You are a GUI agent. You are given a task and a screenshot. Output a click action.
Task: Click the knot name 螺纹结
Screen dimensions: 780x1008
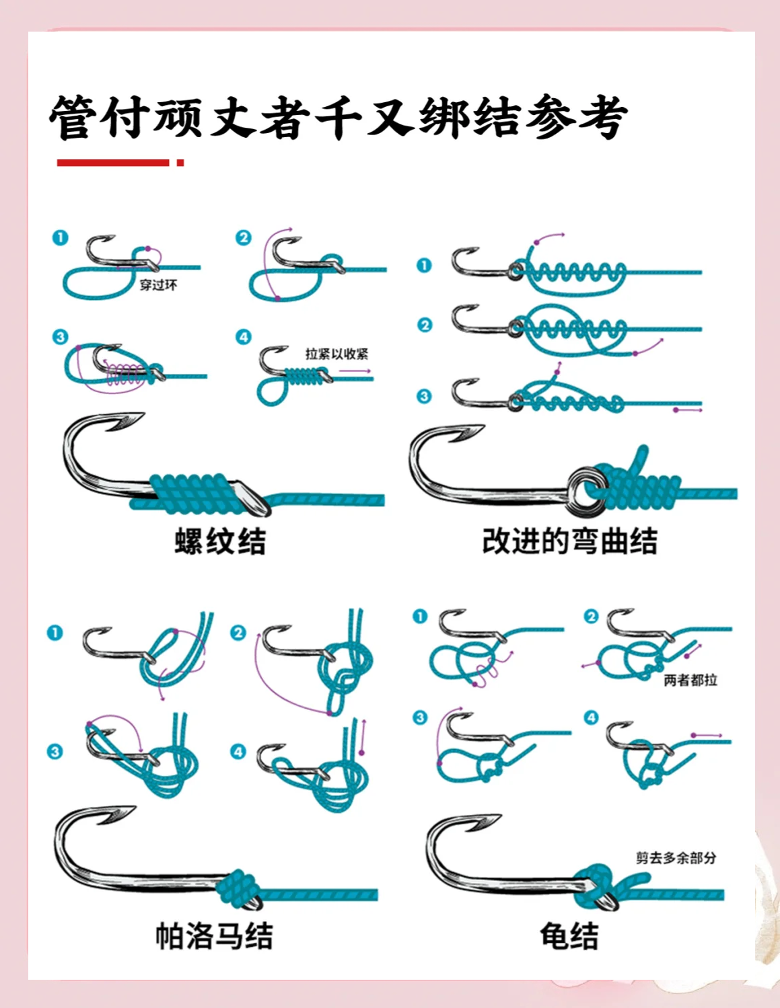pos(220,541)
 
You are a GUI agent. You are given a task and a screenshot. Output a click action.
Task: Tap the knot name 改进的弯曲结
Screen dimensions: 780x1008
pos(569,541)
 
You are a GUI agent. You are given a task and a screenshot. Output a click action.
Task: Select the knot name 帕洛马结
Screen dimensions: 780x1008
pos(214,935)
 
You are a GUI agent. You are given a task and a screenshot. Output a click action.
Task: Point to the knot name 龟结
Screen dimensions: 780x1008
pos(569,935)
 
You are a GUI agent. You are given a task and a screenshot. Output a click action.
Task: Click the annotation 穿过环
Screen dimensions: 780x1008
pos(158,285)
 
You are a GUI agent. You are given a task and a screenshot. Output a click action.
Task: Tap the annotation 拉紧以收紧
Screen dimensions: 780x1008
pos(336,354)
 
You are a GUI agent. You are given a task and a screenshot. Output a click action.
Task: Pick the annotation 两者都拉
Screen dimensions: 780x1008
pos(690,680)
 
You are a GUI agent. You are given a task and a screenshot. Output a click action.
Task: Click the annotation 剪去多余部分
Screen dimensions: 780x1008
pos(676,857)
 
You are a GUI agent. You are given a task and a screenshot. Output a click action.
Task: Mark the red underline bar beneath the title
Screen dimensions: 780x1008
pos(113,162)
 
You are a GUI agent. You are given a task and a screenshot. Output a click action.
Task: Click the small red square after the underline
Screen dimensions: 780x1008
pos(180,162)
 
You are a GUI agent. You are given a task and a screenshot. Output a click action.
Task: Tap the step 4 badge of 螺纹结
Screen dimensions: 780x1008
pos(243,337)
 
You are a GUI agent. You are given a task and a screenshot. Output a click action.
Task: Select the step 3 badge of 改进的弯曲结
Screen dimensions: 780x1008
pos(424,396)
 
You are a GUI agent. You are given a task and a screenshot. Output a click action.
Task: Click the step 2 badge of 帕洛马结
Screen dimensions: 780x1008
pos(238,633)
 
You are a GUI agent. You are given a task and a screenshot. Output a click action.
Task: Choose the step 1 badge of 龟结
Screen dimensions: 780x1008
pos(420,617)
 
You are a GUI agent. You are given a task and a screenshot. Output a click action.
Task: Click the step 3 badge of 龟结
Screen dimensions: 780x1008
pos(420,718)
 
